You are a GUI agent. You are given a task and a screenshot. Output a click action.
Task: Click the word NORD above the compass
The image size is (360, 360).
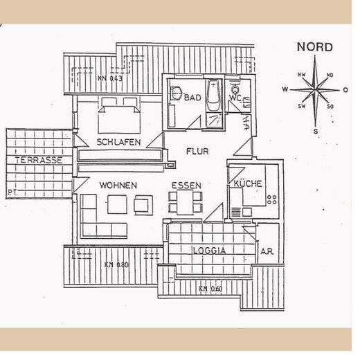click(x=314, y=48)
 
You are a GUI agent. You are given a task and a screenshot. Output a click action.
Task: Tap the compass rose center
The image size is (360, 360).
click(x=314, y=89)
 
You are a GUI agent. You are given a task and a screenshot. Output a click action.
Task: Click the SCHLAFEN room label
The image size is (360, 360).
click(x=119, y=142)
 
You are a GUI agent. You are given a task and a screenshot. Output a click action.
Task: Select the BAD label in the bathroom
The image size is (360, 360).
click(x=193, y=98)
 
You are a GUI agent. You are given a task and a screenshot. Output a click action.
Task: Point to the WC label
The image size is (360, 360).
click(x=235, y=98)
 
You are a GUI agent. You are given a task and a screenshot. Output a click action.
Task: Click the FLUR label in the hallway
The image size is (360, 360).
click(x=197, y=152)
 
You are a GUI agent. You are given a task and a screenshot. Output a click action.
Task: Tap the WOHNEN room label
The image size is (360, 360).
click(x=118, y=186)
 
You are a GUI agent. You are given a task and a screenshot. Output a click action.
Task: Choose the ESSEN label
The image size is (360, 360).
click(x=186, y=186)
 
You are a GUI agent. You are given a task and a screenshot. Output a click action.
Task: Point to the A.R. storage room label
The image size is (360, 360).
click(x=267, y=251)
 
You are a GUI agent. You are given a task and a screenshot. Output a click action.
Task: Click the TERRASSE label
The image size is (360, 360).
click(x=36, y=160)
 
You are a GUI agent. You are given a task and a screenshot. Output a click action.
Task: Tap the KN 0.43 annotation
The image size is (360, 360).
click(x=110, y=78)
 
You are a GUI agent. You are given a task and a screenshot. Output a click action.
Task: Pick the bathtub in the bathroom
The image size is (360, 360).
click(x=215, y=101)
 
